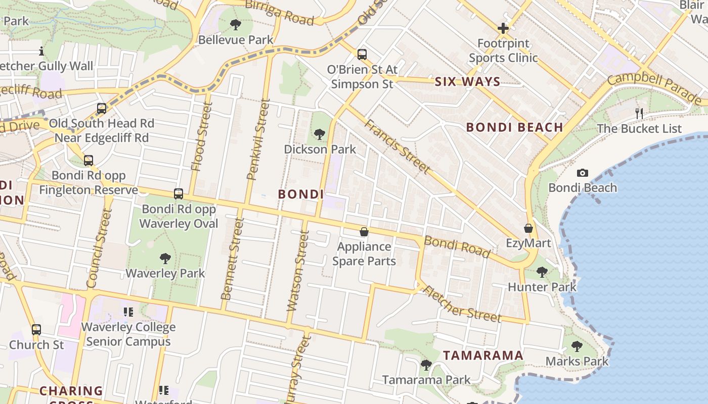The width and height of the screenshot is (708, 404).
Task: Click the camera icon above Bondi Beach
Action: [x=583, y=173]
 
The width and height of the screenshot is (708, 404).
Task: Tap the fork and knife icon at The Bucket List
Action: [x=639, y=113]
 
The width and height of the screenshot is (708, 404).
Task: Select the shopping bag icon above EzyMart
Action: [x=528, y=229]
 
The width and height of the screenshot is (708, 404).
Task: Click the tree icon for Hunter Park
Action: [x=542, y=272]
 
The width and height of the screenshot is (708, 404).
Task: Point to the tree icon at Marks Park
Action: [x=577, y=346]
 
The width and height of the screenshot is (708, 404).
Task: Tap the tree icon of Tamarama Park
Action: [x=426, y=365]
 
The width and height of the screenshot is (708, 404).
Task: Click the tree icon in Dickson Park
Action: [x=319, y=134]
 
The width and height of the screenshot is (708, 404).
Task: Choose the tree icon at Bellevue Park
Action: [x=235, y=25]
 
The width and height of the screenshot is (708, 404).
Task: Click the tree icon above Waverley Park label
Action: [x=165, y=259]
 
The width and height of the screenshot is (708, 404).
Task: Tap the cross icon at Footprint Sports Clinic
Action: [x=503, y=28]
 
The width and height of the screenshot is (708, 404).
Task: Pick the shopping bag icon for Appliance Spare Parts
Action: [x=364, y=232]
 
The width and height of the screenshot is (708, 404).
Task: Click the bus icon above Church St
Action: [x=36, y=330]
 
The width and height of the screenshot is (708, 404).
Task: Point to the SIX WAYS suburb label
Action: [x=467, y=81]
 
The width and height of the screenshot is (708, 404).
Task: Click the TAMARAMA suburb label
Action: [x=483, y=355]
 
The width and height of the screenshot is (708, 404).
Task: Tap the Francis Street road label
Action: [x=397, y=146]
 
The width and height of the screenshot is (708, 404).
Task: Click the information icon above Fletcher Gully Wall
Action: [x=41, y=51]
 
